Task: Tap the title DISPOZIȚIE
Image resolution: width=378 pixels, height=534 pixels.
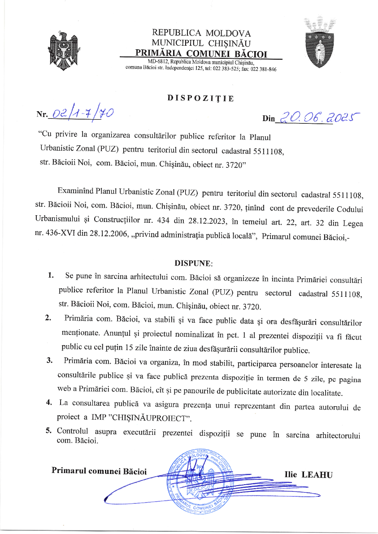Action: (200, 98)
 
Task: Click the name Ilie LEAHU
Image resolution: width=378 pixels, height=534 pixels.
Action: (308, 474)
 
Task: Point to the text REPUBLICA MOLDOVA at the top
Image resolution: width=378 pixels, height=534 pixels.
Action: (201, 33)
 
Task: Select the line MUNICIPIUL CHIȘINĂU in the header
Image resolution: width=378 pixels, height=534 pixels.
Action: (201, 43)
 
